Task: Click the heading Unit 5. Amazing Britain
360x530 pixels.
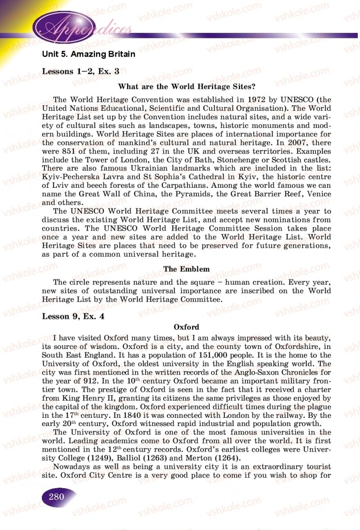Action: [88, 54]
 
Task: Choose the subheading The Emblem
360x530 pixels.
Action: [186, 269]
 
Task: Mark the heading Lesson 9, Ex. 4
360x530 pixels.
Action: [73, 316]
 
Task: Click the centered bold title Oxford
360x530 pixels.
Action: [186, 327]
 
